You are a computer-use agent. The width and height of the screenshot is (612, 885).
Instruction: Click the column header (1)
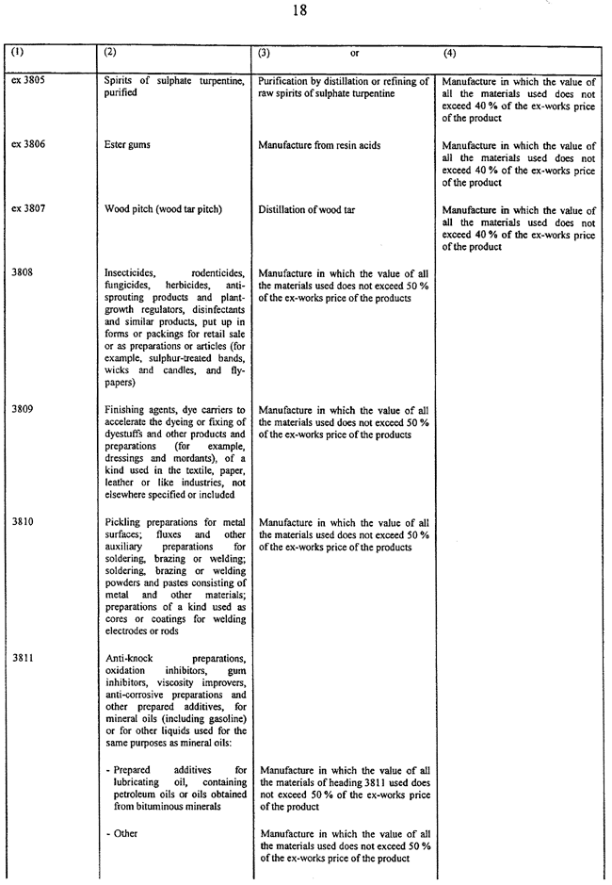[x=18, y=53]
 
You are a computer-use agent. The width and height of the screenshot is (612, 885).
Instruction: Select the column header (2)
[x=110, y=53]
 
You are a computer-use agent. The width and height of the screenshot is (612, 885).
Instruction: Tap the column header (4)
[x=449, y=53]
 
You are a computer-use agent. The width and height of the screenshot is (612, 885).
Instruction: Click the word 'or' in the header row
[x=355, y=54]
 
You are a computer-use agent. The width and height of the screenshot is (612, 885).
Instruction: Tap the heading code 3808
[x=21, y=272]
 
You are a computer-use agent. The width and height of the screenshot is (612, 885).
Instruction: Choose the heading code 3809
[x=21, y=410]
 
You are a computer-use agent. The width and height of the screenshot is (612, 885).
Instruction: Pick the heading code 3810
[x=21, y=522]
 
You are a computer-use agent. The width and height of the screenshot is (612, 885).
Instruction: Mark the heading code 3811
[x=21, y=657]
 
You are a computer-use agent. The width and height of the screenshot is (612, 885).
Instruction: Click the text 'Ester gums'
[x=129, y=146]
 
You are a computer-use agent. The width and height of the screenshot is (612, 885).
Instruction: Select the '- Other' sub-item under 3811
[x=121, y=834]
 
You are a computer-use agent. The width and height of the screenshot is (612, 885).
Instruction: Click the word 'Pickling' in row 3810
[x=123, y=522]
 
